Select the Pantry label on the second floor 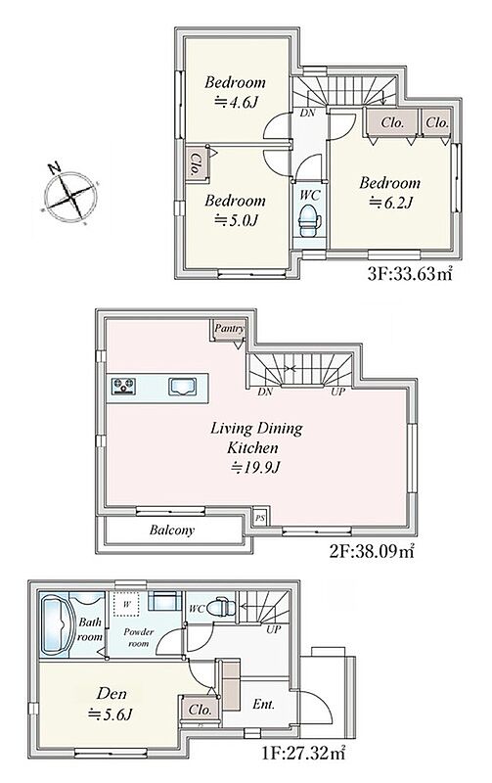tap(229, 329)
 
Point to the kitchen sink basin tap(182, 386)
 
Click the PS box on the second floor tap(260, 518)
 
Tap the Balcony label tap(171, 530)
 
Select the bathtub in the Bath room tap(56, 624)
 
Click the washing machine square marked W tap(127, 604)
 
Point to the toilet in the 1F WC tap(218, 607)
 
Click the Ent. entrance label tap(263, 704)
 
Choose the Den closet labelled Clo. tap(200, 709)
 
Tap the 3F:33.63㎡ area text tap(409, 274)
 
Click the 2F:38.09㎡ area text tap(372, 551)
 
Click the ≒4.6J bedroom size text tap(236, 103)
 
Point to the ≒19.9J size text tap(256, 468)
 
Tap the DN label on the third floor tap(307, 113)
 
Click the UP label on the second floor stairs tap(337, 392)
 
